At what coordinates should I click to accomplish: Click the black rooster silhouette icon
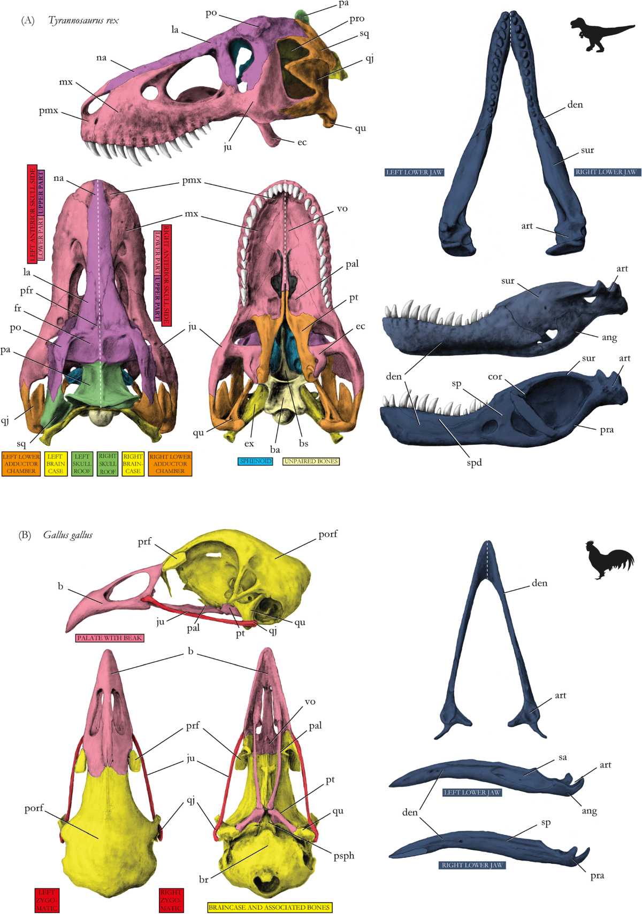click(609, 560)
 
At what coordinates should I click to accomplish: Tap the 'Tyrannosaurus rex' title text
click(83, 20)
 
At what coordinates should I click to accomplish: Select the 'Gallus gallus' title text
click(68, 535)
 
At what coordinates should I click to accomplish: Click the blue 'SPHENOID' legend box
click(255, 461)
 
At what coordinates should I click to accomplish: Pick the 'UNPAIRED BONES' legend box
click(311, 461)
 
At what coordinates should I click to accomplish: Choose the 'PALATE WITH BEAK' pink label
click(110, 638)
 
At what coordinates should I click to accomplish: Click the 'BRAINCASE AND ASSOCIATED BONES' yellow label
click(269, 907)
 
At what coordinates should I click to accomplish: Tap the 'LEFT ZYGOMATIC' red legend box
click(47, 900)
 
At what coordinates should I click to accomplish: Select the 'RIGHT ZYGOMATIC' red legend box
click(171, 900)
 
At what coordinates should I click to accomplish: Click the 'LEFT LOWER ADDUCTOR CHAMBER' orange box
click(21, 464)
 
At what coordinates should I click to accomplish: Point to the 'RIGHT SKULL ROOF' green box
click(108, 464)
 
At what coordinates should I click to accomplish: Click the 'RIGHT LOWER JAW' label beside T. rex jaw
click(606, 172)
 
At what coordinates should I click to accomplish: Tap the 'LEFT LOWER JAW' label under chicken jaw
click(472, 792)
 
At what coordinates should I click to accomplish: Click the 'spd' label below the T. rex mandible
click(474, 462)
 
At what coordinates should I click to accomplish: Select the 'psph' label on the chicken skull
click(344, 856)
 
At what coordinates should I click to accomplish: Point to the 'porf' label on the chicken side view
click(328, 534)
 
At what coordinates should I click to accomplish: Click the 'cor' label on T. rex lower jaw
click(495, 376)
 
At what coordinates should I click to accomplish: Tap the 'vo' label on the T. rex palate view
click(342, 208)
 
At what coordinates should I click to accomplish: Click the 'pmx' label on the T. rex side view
click(49, 111)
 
